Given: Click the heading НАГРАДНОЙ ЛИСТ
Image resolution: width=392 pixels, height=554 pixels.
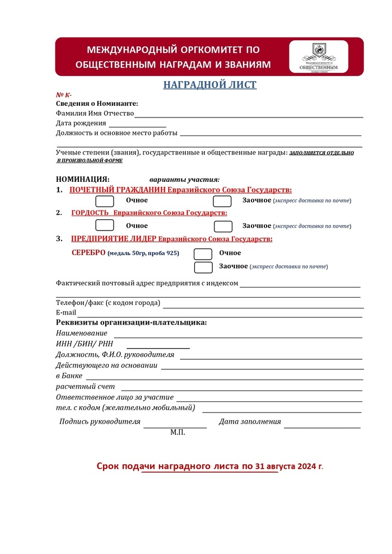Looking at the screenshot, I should tap(210, 85).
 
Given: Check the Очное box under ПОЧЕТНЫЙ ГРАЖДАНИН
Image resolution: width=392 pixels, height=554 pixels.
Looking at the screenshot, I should tap(105, 201).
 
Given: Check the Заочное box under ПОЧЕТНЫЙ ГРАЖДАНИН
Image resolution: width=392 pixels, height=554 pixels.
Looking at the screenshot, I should tap(223, 201).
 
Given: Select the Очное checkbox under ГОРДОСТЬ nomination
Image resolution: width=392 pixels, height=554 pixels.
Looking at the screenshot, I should tap(105, 226).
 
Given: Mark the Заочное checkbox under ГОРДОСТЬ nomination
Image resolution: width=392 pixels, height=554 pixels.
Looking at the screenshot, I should tap(223, 226).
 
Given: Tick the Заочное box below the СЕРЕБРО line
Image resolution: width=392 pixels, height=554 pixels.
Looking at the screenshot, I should tap(203, 267).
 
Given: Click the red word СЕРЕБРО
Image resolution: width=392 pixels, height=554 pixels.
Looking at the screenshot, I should tap(88, 253).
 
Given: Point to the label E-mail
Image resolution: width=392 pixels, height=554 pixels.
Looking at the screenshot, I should tap(66, 313).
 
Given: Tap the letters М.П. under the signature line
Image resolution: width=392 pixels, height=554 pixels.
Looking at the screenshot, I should tap(178, 433).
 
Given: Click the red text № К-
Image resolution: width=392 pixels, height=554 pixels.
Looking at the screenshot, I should tap(64, 95).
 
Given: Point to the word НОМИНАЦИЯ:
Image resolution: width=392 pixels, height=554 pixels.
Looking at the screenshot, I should tap(83, 179).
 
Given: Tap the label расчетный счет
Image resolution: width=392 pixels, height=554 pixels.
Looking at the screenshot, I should tap(85, 387).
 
